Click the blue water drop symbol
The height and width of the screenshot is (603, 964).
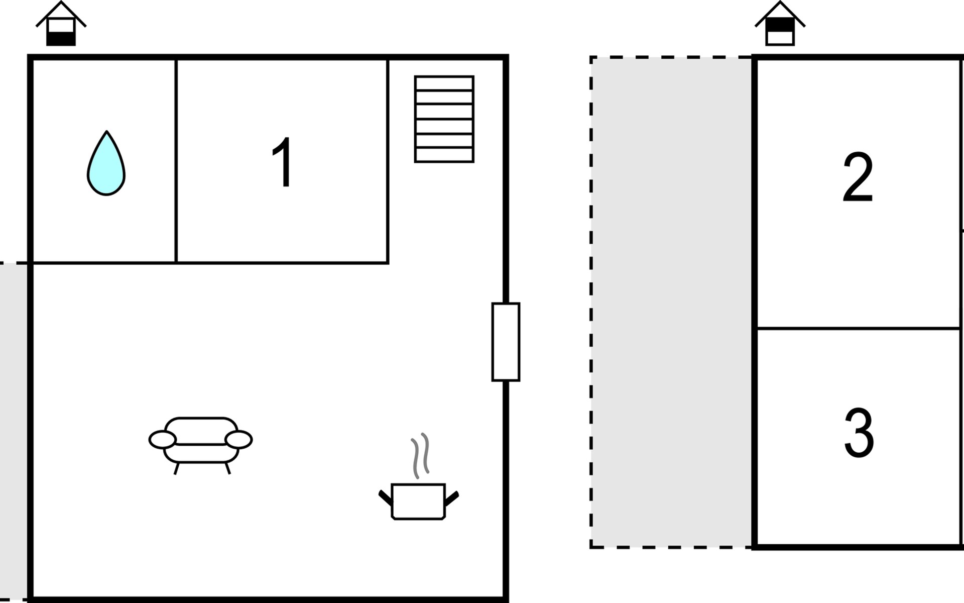coord(106,166)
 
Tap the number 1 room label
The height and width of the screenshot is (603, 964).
coord(283,162)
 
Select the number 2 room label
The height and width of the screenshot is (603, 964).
coord(858,177)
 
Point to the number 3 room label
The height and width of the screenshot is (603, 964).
coord(859,433)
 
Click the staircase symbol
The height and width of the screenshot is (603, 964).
coord(444,119)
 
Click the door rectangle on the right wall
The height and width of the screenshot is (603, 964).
coord(506,342)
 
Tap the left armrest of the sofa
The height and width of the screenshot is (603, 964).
coord(162,440)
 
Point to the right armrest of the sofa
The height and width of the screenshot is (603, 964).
coord(238,440)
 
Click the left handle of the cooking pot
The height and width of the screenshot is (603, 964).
coord(385,497)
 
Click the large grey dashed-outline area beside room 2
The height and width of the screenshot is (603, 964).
coord(672,301)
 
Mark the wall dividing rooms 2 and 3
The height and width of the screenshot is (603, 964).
coord(858,328)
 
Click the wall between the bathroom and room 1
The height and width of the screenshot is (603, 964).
coord(176,161)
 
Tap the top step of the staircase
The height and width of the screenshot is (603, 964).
coord(444,83)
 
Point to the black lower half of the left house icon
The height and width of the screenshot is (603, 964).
coord(61,38)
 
